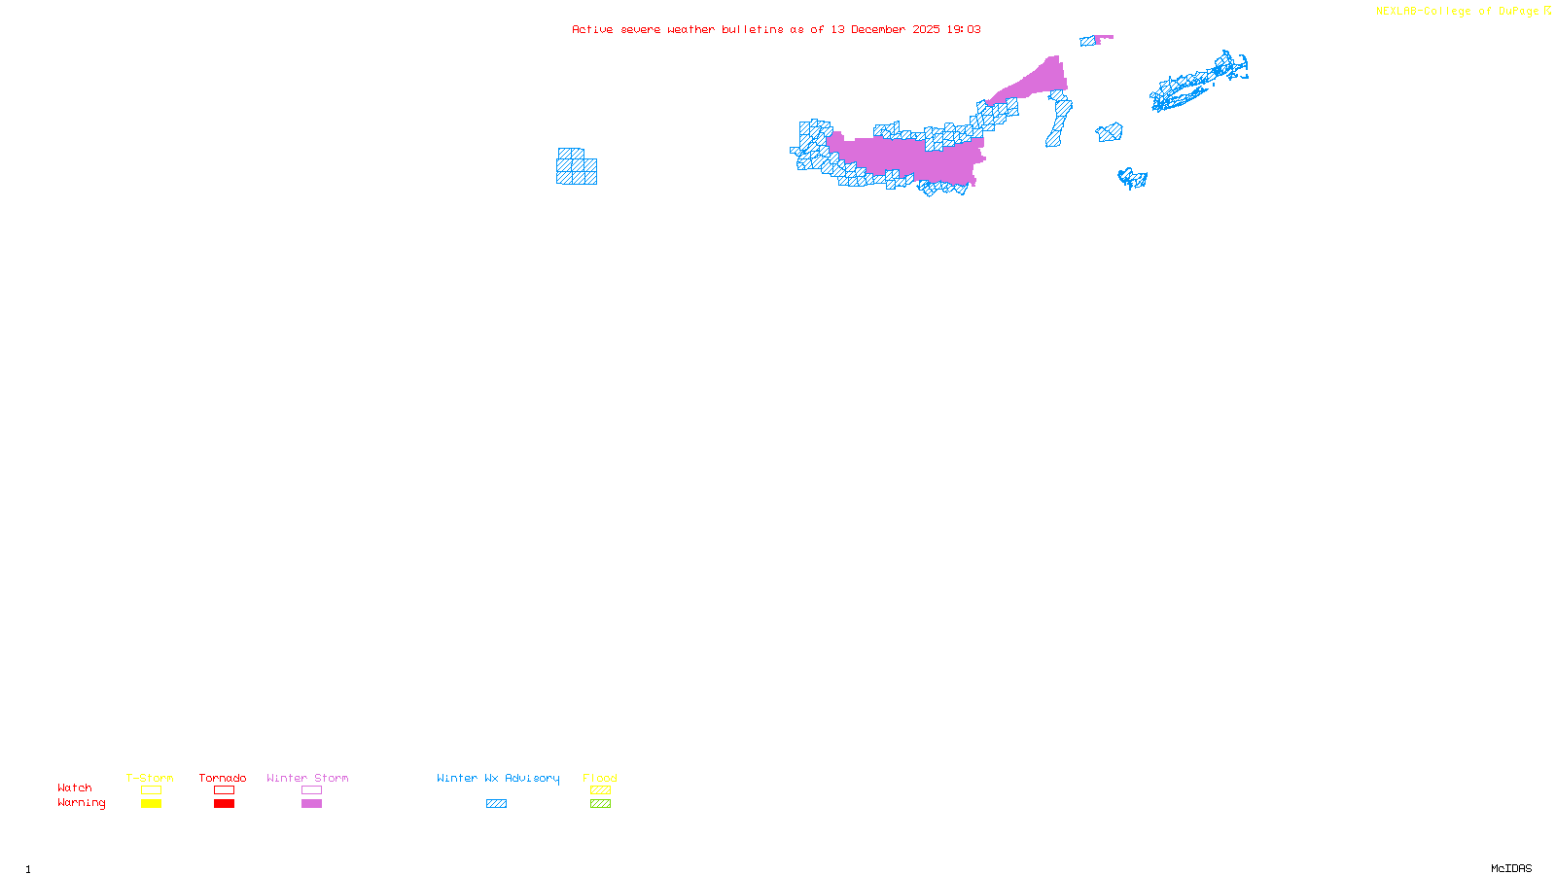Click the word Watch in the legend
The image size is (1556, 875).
75,788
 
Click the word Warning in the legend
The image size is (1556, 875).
82,803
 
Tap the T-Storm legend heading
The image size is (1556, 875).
150,778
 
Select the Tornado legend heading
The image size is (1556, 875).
223,778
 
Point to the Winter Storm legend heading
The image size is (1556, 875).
307,778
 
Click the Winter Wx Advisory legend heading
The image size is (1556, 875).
498,778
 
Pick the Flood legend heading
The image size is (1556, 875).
600,778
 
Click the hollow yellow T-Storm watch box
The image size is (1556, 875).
151,790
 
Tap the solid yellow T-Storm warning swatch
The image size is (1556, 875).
151,804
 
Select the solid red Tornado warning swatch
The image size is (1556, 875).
224,804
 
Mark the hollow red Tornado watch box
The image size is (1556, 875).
224,790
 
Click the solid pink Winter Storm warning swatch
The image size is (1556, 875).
311,804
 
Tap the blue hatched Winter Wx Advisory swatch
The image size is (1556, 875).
496,804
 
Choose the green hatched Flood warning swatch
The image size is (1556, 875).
600,804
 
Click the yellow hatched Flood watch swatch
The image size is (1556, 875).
600,790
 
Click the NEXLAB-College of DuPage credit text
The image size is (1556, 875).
1458,12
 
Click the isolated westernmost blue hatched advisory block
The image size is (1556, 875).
576,167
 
